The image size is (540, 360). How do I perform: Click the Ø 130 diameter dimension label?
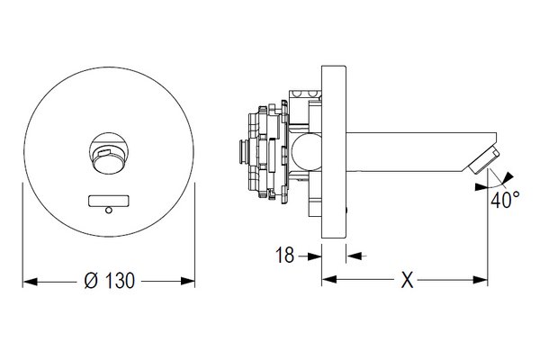click(109, 281)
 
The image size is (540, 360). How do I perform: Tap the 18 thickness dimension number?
click(284, 256)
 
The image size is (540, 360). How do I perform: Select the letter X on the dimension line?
click(407, 280)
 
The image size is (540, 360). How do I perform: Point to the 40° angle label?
click(505, 200)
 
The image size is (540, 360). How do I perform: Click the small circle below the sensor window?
click(109, 210)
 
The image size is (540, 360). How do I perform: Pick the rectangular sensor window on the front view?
click(109, 201)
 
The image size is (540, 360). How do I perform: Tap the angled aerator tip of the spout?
click(484, 159)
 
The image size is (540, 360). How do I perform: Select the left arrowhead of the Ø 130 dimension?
click(31, 282)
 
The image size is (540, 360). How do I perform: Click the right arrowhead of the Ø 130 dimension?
click(188, 281)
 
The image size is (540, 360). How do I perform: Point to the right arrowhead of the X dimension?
click(481, 280)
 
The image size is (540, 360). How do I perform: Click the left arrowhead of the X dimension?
click(329, 279)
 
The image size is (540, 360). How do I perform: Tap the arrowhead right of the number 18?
click(314, 256)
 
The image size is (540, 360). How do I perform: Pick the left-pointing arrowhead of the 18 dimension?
click(354, 256)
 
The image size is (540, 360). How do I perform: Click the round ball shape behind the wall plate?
click(306, 151)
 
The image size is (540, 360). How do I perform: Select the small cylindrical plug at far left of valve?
click(244, 151)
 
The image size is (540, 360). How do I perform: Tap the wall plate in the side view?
click(334, 151)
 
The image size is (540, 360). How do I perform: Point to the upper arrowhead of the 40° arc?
click(508, 178)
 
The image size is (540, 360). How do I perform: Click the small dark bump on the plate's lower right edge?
click(346, 211)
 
